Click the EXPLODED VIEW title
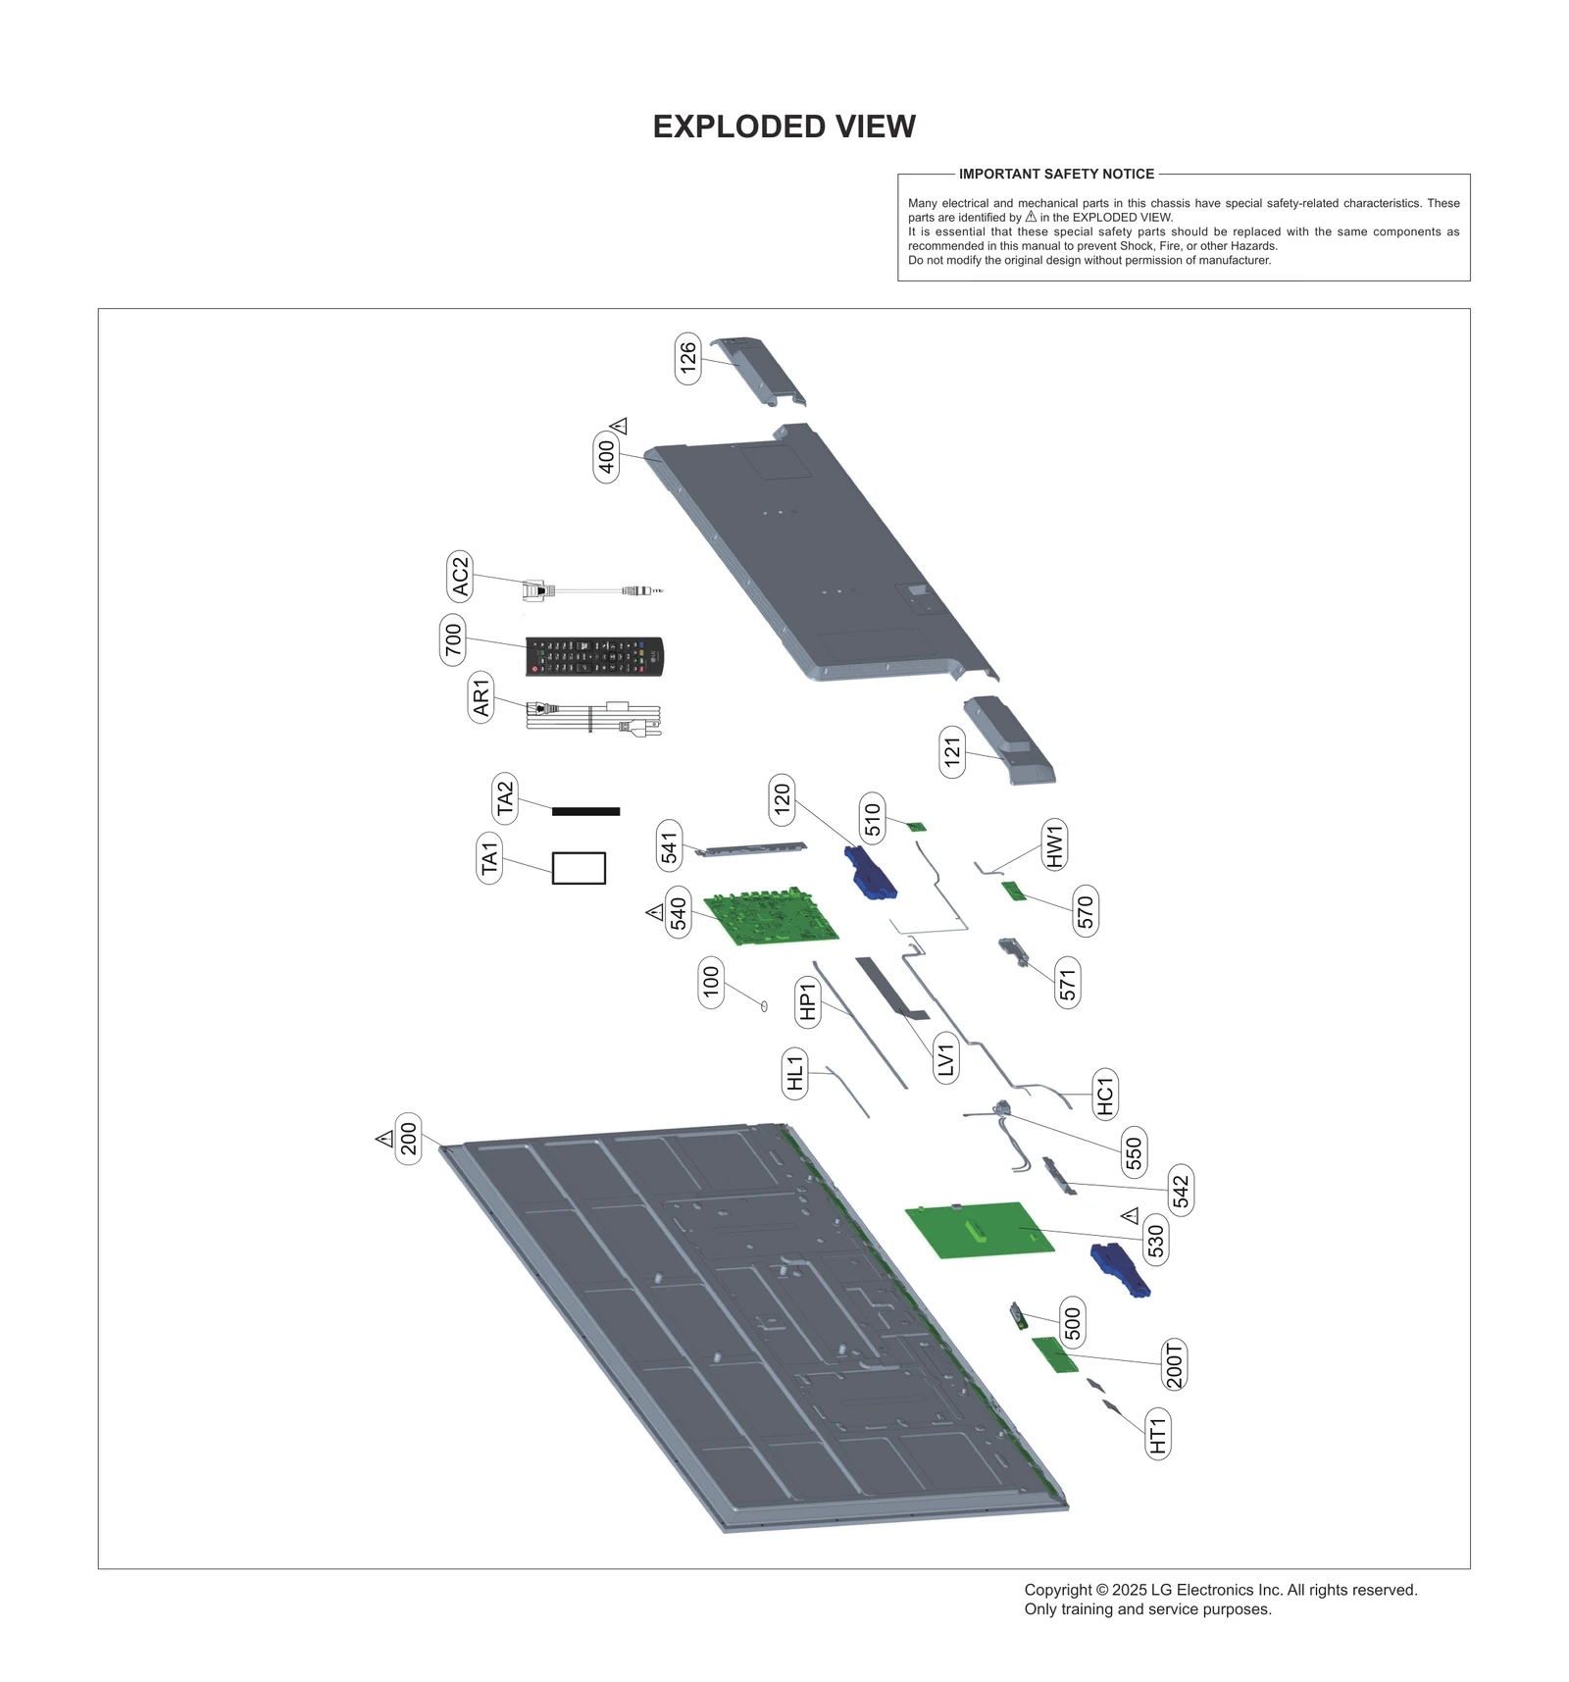pyautogui.click(x=784, y=127)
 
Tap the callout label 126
pyautogui.click(x=688, y=358)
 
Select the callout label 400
pyautogui.click(x=607, y=456)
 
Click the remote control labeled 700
pyautogui.click(x=594, y=655)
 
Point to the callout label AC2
pyautogui.click(x=460, y=577)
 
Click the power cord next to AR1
pyautogui.click(x=594, y=718)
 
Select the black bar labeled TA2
pyautogui.click(x=585, y=811)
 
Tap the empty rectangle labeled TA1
pyautogui.click(x=579, y=868)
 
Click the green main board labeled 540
pyautogui.click(x=772, y=917)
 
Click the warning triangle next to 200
pyautogui.click(x=384, y=1139)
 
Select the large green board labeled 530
pyautogui.click(x=980, y=1230)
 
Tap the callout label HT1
pyautogui.click(x=1158, y=1434)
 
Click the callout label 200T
pyautogui.click(x=1174, y=1363)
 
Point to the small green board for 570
pyautogui.click(x=1013, y=891)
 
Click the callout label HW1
pyautogui.click(x=1054, y=844)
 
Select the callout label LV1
pyautogui.click(x=945, y=1058)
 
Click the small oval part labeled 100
pyautogui.click(x=764, y=1005)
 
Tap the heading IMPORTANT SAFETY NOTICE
pyautogui.click(x=1056, y=174)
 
